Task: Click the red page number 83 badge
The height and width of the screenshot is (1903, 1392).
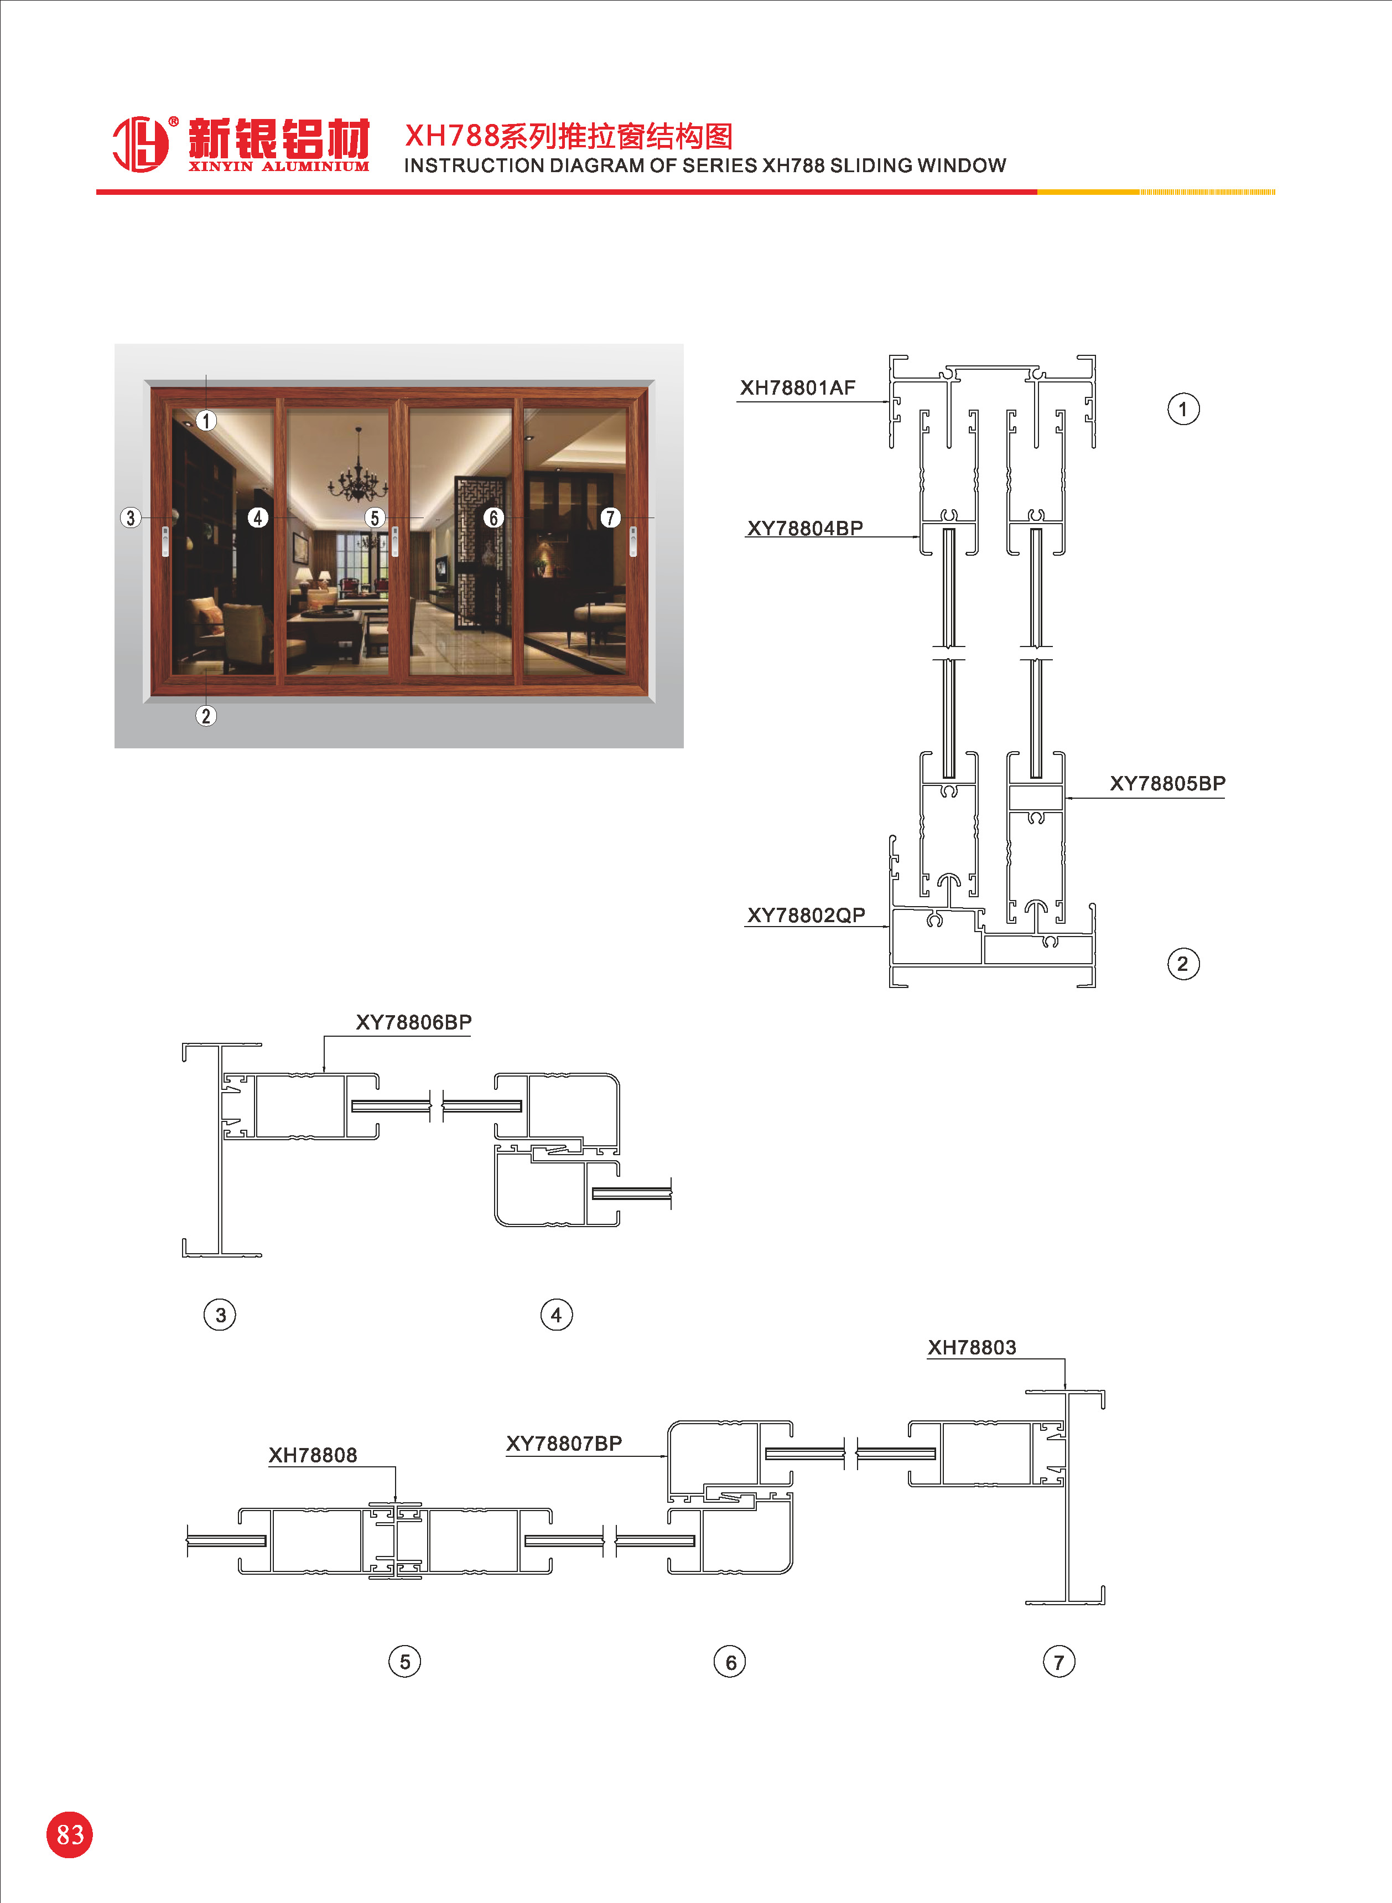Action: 69,1835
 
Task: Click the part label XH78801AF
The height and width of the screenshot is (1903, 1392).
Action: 797,387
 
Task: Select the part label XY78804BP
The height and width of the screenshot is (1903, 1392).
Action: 804,529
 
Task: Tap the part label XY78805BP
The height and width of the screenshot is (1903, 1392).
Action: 1167,784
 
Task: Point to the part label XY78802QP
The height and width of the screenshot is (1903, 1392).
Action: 806,916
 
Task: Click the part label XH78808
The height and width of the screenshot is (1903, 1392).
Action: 313,1456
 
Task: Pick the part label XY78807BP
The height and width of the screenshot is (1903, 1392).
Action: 564,1444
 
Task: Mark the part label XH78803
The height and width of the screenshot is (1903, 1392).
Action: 972,1348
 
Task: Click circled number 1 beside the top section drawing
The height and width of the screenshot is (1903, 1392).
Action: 1183,410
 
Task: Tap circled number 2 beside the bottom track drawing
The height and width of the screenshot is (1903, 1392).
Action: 1183,964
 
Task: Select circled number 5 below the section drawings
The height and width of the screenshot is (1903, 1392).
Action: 404,1662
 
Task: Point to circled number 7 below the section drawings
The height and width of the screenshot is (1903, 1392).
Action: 1059,1662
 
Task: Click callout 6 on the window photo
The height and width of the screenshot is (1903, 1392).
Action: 494,518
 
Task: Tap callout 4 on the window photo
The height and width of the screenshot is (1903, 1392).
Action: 258,518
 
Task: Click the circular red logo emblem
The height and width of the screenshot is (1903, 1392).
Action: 141,144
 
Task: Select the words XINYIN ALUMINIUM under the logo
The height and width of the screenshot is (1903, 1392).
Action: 279,167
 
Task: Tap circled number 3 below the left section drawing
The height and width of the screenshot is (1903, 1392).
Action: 220,1315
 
